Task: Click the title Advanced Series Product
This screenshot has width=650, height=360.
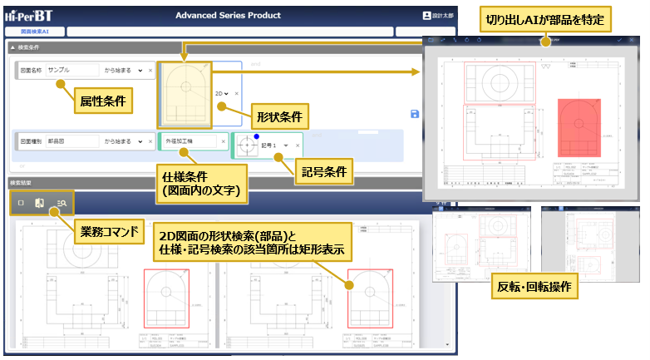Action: [228, 15]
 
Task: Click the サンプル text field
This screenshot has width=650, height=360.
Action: [71, 71]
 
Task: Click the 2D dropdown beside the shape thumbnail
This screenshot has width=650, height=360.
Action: [221, 94]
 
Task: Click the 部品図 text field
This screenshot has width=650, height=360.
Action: [71, 142]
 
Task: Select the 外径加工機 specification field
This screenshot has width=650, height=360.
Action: [190, 142]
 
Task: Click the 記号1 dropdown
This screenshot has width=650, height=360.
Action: [275, 144]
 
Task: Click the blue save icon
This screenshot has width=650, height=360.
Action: [415, 114]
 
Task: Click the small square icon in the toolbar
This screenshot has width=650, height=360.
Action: [21, 203]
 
